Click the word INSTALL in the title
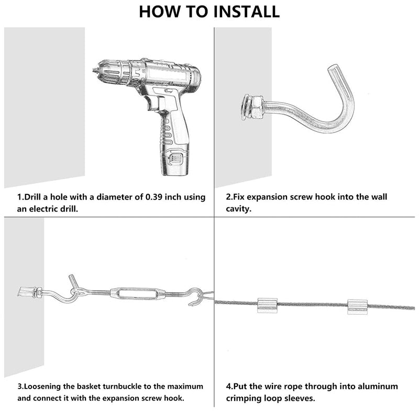coord(246,12)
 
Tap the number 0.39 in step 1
coord(154,197)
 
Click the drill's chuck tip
coord(95,70)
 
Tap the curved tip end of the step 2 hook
coord(333,69)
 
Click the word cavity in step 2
coord(238,209)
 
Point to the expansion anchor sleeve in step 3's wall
coord(26,292)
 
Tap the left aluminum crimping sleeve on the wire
coord(267,305)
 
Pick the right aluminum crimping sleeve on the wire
coord(358,307)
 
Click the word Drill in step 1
coord(32,197)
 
